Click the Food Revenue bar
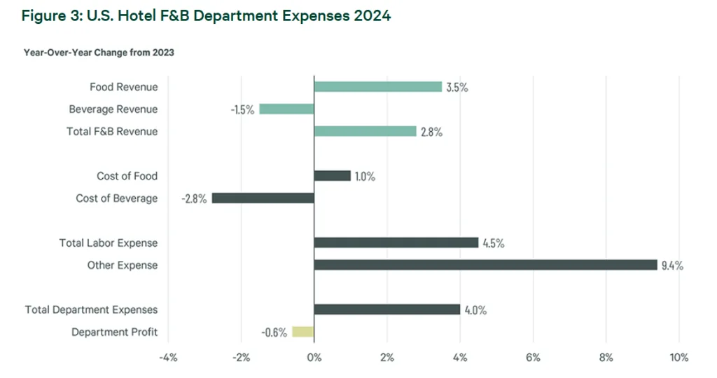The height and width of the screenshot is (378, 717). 377,87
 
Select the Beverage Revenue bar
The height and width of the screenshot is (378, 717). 286,109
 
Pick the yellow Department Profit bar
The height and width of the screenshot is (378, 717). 302,332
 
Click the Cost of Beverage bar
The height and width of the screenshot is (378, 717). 263,198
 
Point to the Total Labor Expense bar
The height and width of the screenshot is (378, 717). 396,243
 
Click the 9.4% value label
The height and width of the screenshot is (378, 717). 672,266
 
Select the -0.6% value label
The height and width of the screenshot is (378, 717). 274,332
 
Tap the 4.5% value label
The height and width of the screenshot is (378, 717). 493,243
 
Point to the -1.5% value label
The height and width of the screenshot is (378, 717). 242,110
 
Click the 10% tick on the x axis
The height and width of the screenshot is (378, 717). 678,358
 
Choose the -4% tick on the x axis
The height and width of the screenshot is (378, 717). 168,358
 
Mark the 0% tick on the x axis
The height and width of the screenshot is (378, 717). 314,358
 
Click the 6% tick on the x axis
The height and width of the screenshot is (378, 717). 533,358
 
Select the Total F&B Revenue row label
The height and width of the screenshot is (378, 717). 112,132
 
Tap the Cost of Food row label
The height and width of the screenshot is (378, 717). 127,176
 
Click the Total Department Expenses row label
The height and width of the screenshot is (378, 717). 91,309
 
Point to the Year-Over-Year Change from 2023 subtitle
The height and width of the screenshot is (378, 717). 99,53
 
